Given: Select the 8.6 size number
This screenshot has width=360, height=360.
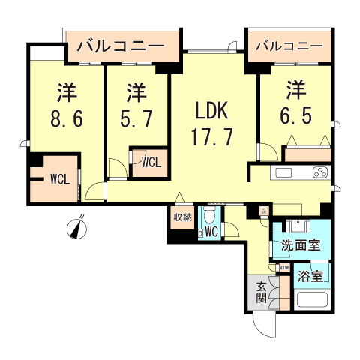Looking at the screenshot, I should [x=65, y=118].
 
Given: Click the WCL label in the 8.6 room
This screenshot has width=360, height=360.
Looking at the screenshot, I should [x=59, y=179].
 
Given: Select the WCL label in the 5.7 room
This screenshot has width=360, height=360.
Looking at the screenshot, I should [x=149, y=160].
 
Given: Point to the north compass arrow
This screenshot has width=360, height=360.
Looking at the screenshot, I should [x=79, y=226].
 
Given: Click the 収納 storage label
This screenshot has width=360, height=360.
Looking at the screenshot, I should [x=184, y=218].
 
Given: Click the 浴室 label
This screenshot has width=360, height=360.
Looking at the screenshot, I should [x=311, y=275].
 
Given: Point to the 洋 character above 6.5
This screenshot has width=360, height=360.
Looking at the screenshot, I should [x=295, y=91].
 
